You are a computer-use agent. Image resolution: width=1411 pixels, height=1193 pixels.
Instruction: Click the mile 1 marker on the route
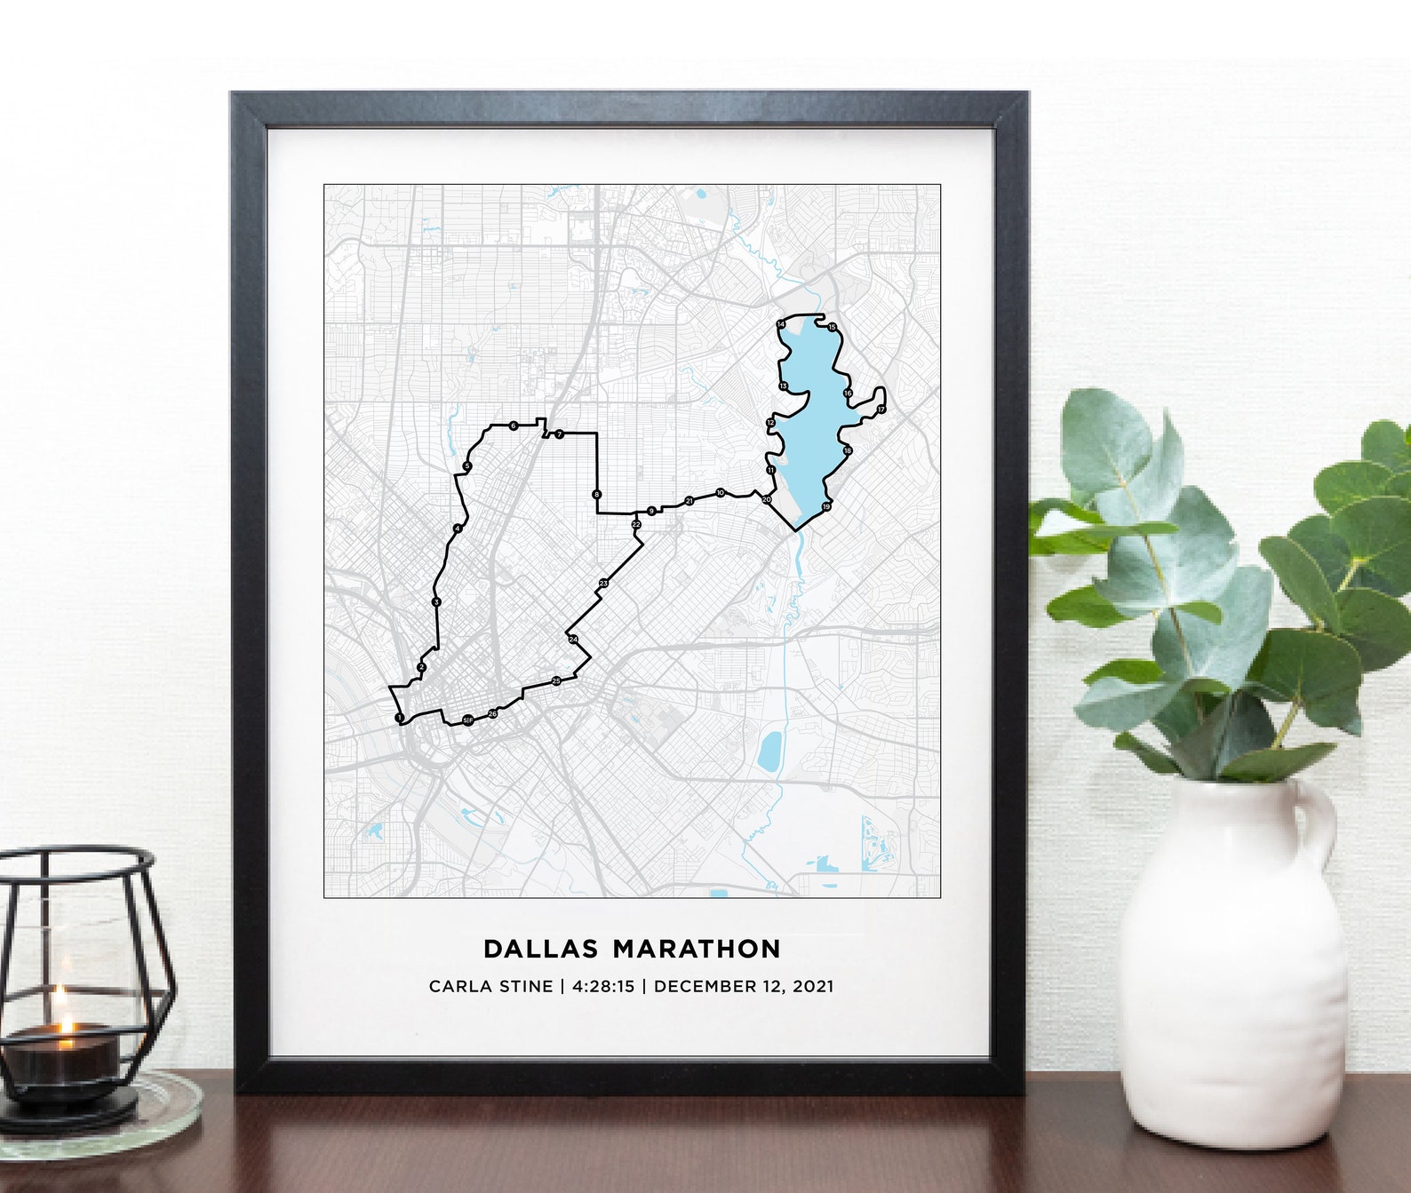(x=399, y=717)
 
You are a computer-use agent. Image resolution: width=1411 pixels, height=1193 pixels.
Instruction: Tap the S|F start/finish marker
(x=467, y=720)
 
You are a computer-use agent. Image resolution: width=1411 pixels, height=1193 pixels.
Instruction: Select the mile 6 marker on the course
(x=514, y=426)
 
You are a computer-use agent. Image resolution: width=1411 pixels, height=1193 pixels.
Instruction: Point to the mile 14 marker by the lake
(x=780, y=324)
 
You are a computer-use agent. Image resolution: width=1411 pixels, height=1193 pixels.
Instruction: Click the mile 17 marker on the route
(x=881, y=410)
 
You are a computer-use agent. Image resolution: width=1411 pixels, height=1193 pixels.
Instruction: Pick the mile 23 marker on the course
(x=603, y=583)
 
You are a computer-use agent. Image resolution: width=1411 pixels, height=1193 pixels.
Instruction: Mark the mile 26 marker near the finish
(x=492, y=713)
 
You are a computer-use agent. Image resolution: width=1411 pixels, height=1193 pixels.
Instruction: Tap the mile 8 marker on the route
(x=596, y=495)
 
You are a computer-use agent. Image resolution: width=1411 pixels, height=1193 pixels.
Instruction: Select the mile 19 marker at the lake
(x=826, y=507)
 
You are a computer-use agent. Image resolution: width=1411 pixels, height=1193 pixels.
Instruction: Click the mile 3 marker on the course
(x=435, y=602)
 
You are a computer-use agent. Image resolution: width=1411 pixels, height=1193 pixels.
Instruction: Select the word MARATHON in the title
(x=697, y=949)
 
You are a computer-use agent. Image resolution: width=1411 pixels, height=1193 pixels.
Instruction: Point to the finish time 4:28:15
(x=603, y=986)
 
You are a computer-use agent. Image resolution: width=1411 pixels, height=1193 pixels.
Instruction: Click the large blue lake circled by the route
(x=813, y=426)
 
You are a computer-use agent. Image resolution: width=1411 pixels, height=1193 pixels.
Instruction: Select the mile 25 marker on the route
(x=556, y=681)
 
